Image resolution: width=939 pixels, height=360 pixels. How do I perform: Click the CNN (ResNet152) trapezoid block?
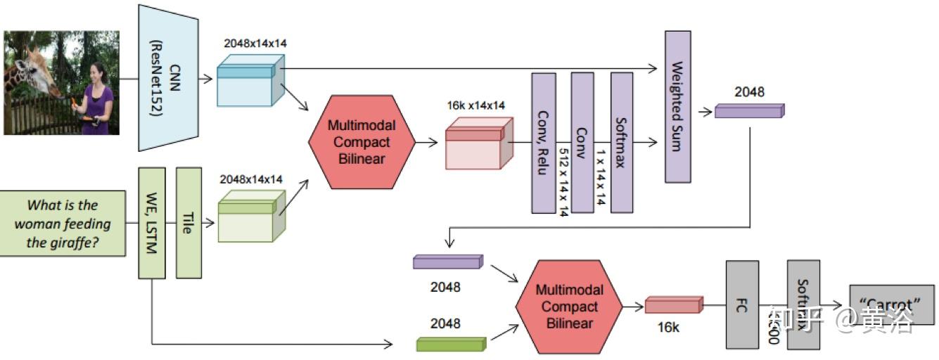tap(162, 77)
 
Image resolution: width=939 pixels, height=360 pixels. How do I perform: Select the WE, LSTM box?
tap(151, 222)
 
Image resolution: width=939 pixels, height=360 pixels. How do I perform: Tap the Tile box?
tap(189, 222)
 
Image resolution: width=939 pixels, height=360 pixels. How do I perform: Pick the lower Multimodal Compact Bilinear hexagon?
tap(569, 307)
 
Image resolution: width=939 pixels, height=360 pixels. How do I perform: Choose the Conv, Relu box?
tap(544, 142)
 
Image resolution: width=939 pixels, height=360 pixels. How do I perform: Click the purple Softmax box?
tap(622, 142)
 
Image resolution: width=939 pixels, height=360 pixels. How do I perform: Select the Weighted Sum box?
tap(677, 106)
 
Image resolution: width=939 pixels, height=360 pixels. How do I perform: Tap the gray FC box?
tap(742, 304)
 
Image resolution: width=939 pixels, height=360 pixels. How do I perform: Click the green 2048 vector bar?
tap(451, 343)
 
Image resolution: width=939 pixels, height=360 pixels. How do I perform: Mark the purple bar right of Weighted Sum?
tap(748, 110)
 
